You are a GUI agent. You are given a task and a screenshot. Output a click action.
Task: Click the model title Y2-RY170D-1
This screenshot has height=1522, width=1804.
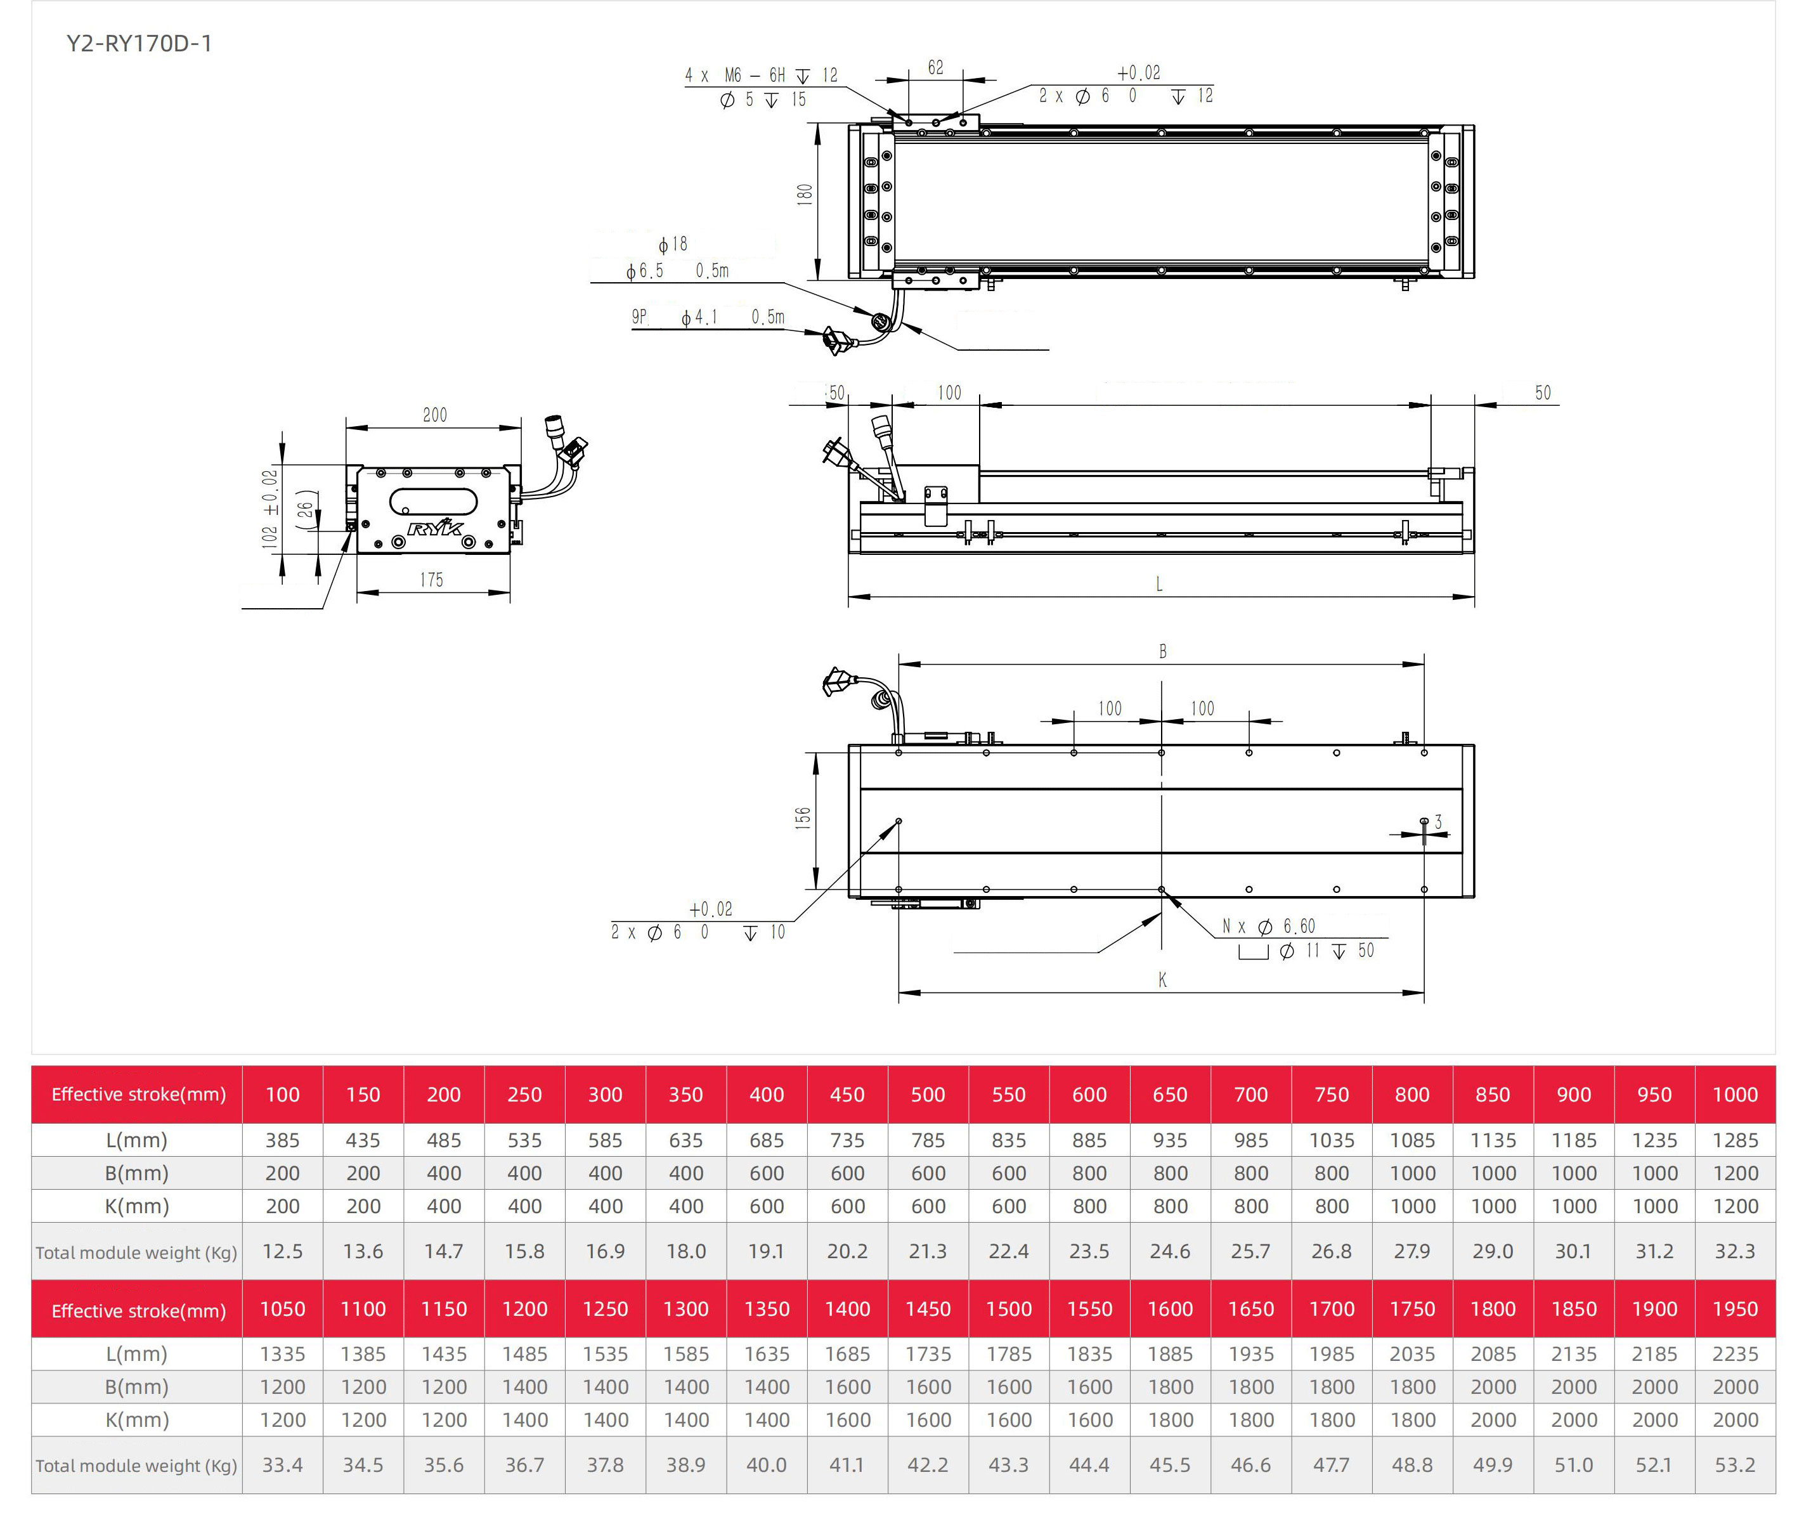tap(139, 43)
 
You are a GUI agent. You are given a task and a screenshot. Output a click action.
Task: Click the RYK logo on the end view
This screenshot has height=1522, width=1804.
tap(435, 527)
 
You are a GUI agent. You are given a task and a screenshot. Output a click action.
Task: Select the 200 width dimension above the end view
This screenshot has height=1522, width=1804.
tap(435, 415)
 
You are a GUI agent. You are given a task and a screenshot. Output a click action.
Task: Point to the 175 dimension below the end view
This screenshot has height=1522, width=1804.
tap(431, 580)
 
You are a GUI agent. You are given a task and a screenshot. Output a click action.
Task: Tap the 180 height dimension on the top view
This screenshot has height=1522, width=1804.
tap(805, 194)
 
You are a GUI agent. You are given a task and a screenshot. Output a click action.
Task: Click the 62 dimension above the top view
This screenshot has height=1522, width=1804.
tap(935, 67)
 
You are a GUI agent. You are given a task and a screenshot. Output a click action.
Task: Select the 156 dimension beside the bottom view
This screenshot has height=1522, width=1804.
tap(803, 818)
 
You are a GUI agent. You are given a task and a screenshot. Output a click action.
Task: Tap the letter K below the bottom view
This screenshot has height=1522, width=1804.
tap(1162, 979)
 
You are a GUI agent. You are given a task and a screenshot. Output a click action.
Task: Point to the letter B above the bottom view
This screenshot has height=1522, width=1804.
tap(1162, 651)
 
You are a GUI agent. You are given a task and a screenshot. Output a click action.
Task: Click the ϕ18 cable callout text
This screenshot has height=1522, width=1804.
tap(673, 244)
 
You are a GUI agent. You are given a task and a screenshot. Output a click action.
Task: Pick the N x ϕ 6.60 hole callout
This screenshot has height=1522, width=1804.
tap(1268, 926)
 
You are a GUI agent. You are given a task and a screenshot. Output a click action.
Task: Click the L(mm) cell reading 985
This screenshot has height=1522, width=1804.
tap(1251, 1140)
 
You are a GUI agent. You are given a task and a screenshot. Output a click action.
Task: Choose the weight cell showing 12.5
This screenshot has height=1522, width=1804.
tap(282, 1251)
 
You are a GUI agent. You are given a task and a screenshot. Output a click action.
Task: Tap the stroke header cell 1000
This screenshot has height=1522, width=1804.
tap(1735, 1094)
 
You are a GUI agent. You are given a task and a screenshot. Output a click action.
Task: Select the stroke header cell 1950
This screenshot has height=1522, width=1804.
tap(1735, 1309)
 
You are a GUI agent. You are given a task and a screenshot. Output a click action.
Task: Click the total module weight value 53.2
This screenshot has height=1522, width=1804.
tap(1735, 1465)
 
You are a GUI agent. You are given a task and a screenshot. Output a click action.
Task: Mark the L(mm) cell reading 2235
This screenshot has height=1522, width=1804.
tap(1735, 1355)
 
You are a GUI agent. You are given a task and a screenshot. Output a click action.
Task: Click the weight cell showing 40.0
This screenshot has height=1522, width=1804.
tap(767, 1465)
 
